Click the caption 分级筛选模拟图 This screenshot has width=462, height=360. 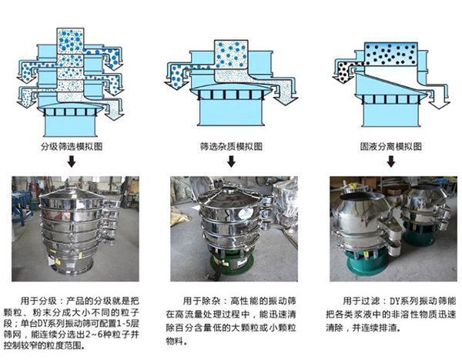tap(71, 145)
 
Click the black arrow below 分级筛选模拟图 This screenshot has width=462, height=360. tap(71, 162)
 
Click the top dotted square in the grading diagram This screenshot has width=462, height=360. tap(73, 39)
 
